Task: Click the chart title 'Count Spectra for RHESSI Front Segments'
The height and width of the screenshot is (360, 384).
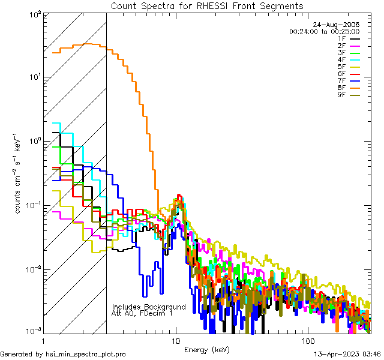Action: click(x=208, y=5)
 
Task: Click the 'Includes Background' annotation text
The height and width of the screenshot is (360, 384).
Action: click(x=149, y=307)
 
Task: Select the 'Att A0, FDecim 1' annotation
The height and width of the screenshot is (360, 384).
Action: click(x=142, y=313)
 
